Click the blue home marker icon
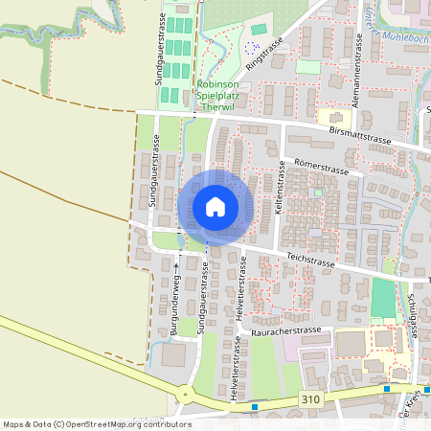click(215, 207)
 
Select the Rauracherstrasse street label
click(285, 331)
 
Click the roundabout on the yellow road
click(184, 394)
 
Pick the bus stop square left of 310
click(255, 406)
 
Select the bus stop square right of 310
click(386, 390)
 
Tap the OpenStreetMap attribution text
click(96, 424)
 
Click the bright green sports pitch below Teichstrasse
click(382, 298)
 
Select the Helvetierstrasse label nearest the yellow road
click(235, 368)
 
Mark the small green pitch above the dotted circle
click(259, 30)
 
